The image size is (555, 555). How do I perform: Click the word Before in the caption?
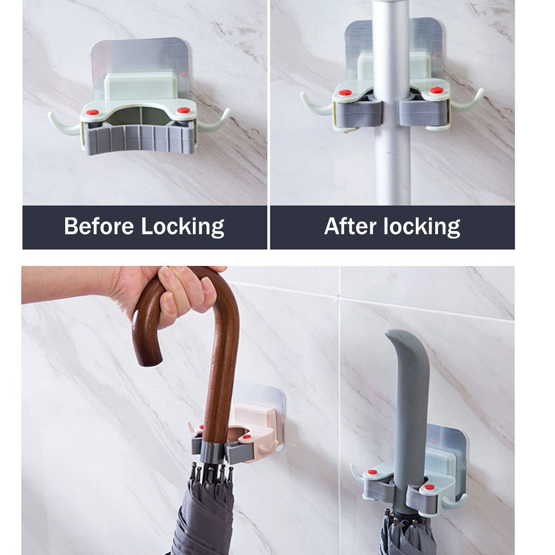[99, 226]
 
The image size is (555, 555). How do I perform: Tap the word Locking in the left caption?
[183, 227]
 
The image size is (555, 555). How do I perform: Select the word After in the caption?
[351, 226]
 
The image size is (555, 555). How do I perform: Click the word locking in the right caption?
[422, 227]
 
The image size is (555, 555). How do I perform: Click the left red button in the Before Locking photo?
[92, 112]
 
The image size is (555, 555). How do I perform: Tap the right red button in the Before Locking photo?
[184, 110]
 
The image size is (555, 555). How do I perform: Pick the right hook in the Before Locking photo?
[215, 121]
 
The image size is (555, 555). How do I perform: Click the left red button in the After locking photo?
[345, 93]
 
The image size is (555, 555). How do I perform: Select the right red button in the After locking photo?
[437, 90]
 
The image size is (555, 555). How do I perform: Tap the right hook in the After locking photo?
[468, 101]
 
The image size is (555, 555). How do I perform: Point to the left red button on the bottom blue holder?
[372, 472]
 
